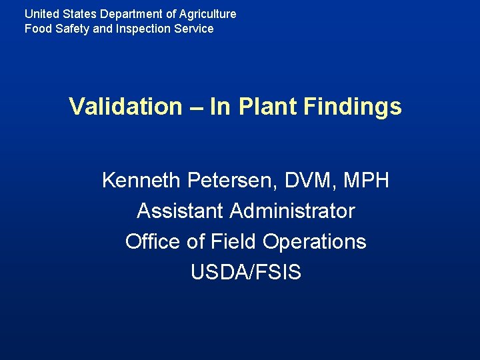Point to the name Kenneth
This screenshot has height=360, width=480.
coord(141,180)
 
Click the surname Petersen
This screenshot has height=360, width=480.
coord(234,180)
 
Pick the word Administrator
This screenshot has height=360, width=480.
coord(293,211)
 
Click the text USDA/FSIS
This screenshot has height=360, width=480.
coord(246,272)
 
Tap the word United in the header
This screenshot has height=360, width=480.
coord(40,13)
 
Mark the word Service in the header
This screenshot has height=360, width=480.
coord(195,29)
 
